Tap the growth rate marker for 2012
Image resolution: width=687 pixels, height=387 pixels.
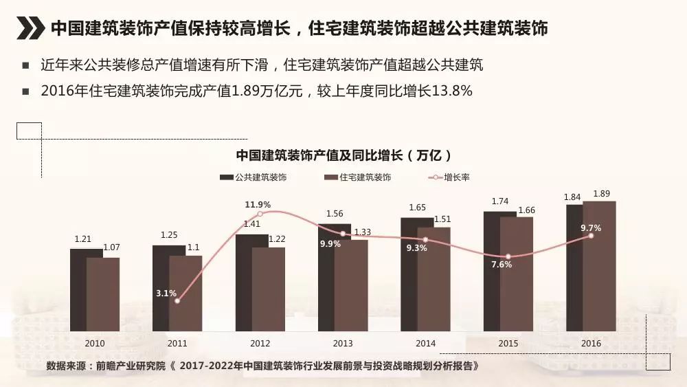[260, 214]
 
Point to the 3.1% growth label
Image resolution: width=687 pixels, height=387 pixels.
[166, 293]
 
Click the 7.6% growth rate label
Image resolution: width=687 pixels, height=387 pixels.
[502, 264]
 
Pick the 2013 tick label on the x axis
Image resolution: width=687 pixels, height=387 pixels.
[343, 343]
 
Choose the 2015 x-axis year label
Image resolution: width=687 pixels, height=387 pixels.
[508, 343]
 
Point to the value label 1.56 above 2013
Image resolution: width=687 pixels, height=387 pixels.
[335, 214]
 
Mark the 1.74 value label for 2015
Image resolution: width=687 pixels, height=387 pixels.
[499, 201]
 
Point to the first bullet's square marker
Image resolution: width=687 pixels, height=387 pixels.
[25, 67]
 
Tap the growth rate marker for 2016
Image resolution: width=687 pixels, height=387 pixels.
[591, 236]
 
